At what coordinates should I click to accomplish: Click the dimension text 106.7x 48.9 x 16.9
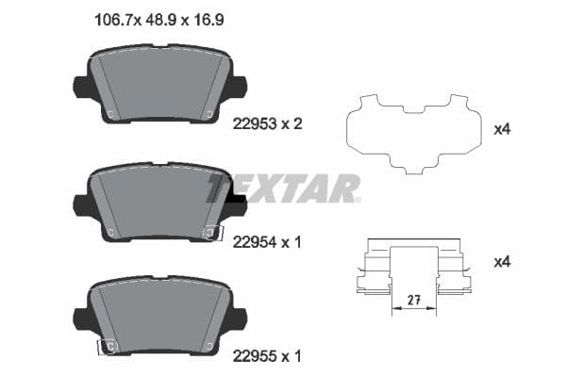(160, 19)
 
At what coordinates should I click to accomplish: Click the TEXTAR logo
(284, 188)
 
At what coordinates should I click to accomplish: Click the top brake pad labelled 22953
(159, 85)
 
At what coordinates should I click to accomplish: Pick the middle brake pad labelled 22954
(159, 202)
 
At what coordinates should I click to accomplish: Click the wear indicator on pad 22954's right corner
(212, 232)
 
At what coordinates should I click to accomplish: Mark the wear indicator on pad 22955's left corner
(108, 347)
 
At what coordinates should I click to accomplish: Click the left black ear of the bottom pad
(82, 320)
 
